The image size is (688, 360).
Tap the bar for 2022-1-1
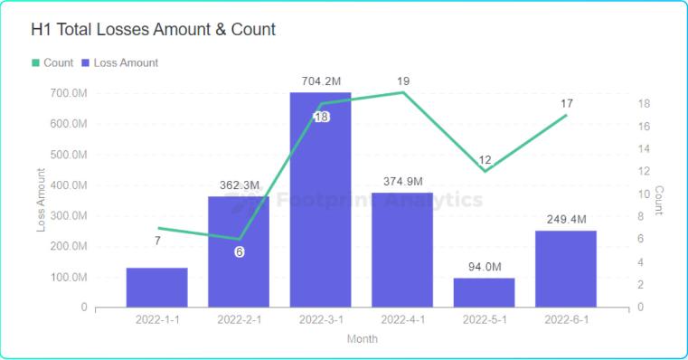(157, 287)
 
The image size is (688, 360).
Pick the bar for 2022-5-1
(484, 292)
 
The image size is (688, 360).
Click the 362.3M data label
(240, 185)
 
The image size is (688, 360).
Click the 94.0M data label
(484, 267)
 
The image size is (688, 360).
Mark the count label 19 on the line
(403, 82)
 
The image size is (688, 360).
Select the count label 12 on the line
(485, 160)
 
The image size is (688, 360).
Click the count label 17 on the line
(566, 104)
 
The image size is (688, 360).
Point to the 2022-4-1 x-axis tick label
(402, 320)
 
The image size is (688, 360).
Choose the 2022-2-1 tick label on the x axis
(239, 320)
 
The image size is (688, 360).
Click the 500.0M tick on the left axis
(70, 154)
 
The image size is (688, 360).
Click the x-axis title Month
(362, 339)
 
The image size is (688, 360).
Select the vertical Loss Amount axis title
(41, 199)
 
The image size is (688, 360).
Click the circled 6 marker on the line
(240, 251)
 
